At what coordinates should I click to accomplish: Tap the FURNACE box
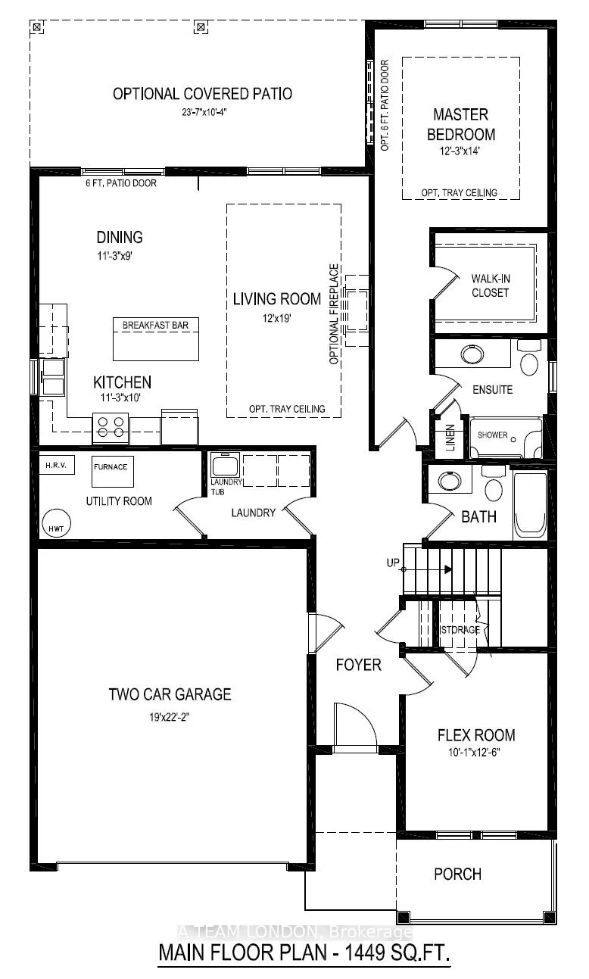(111, 467)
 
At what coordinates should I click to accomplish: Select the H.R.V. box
(57, 464)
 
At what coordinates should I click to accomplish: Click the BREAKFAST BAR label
(150, 326)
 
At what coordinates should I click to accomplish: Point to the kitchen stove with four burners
(110, 428)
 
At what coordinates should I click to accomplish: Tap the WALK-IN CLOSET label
(490, 285)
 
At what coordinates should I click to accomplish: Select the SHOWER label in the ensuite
(491, 436)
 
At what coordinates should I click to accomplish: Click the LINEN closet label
(450, 437)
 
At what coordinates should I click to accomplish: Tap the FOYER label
(359, 665)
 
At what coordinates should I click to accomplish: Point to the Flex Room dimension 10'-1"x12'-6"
(476, 752)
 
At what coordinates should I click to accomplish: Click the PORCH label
(457, 874)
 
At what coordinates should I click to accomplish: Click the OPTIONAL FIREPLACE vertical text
(334, 314)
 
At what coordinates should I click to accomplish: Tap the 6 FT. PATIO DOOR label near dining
(121, 183)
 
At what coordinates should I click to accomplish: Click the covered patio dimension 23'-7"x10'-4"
(201, 112)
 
